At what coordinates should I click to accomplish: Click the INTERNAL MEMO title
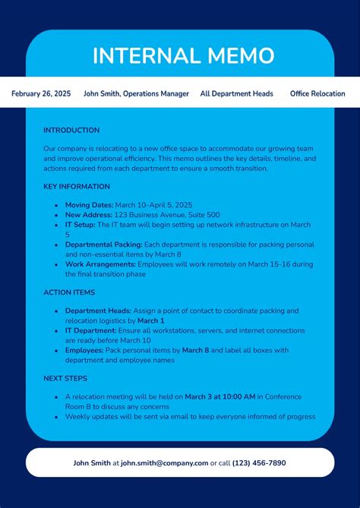(x=183, y=56)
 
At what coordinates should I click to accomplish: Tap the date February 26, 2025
(x=41, y=94)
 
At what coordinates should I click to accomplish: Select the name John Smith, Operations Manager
(x=136, y=94)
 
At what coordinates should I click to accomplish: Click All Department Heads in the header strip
(x=236, y=94)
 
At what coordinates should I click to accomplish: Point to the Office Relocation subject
(x=317, y=94)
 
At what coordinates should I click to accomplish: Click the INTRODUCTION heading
(x=71, y=131)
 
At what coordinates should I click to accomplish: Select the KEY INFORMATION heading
(x=75, y=186)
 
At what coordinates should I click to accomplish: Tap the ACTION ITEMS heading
(x=69, y=292)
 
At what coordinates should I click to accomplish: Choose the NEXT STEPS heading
(x=65, y=378)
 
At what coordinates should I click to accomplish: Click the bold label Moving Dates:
(x=89, y=205)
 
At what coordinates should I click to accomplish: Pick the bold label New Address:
(x=89, y=215)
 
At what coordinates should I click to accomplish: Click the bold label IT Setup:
(x=80, y=225)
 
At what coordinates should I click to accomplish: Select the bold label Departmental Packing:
(x=103, y=245)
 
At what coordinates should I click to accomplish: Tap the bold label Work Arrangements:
(x=100, y=264)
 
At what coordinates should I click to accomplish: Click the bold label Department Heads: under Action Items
(x=98, y=311)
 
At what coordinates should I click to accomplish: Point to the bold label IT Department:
(x=90, y=331)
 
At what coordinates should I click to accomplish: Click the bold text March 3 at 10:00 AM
(x=220, y=396)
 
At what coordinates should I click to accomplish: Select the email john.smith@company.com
(x=164, y=463)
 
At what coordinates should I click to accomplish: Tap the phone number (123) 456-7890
(x=259, y=463)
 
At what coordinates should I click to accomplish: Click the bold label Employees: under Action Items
(x=84, y=350)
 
